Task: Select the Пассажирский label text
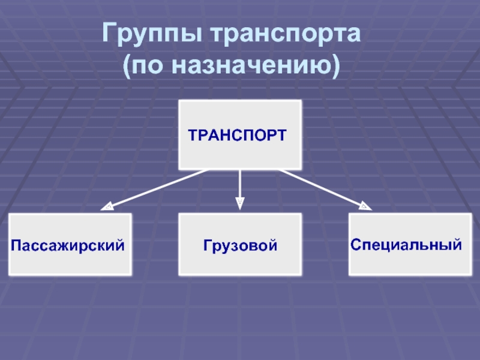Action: point(70,245)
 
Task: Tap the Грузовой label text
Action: point(240,245)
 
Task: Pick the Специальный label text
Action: point(406,245)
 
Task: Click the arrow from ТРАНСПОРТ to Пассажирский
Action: point(156,189)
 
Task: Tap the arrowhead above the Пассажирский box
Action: point(106,208)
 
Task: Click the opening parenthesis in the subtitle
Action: point(127,65)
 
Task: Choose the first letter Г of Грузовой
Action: point(206,245)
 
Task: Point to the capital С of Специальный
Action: point(356,245)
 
